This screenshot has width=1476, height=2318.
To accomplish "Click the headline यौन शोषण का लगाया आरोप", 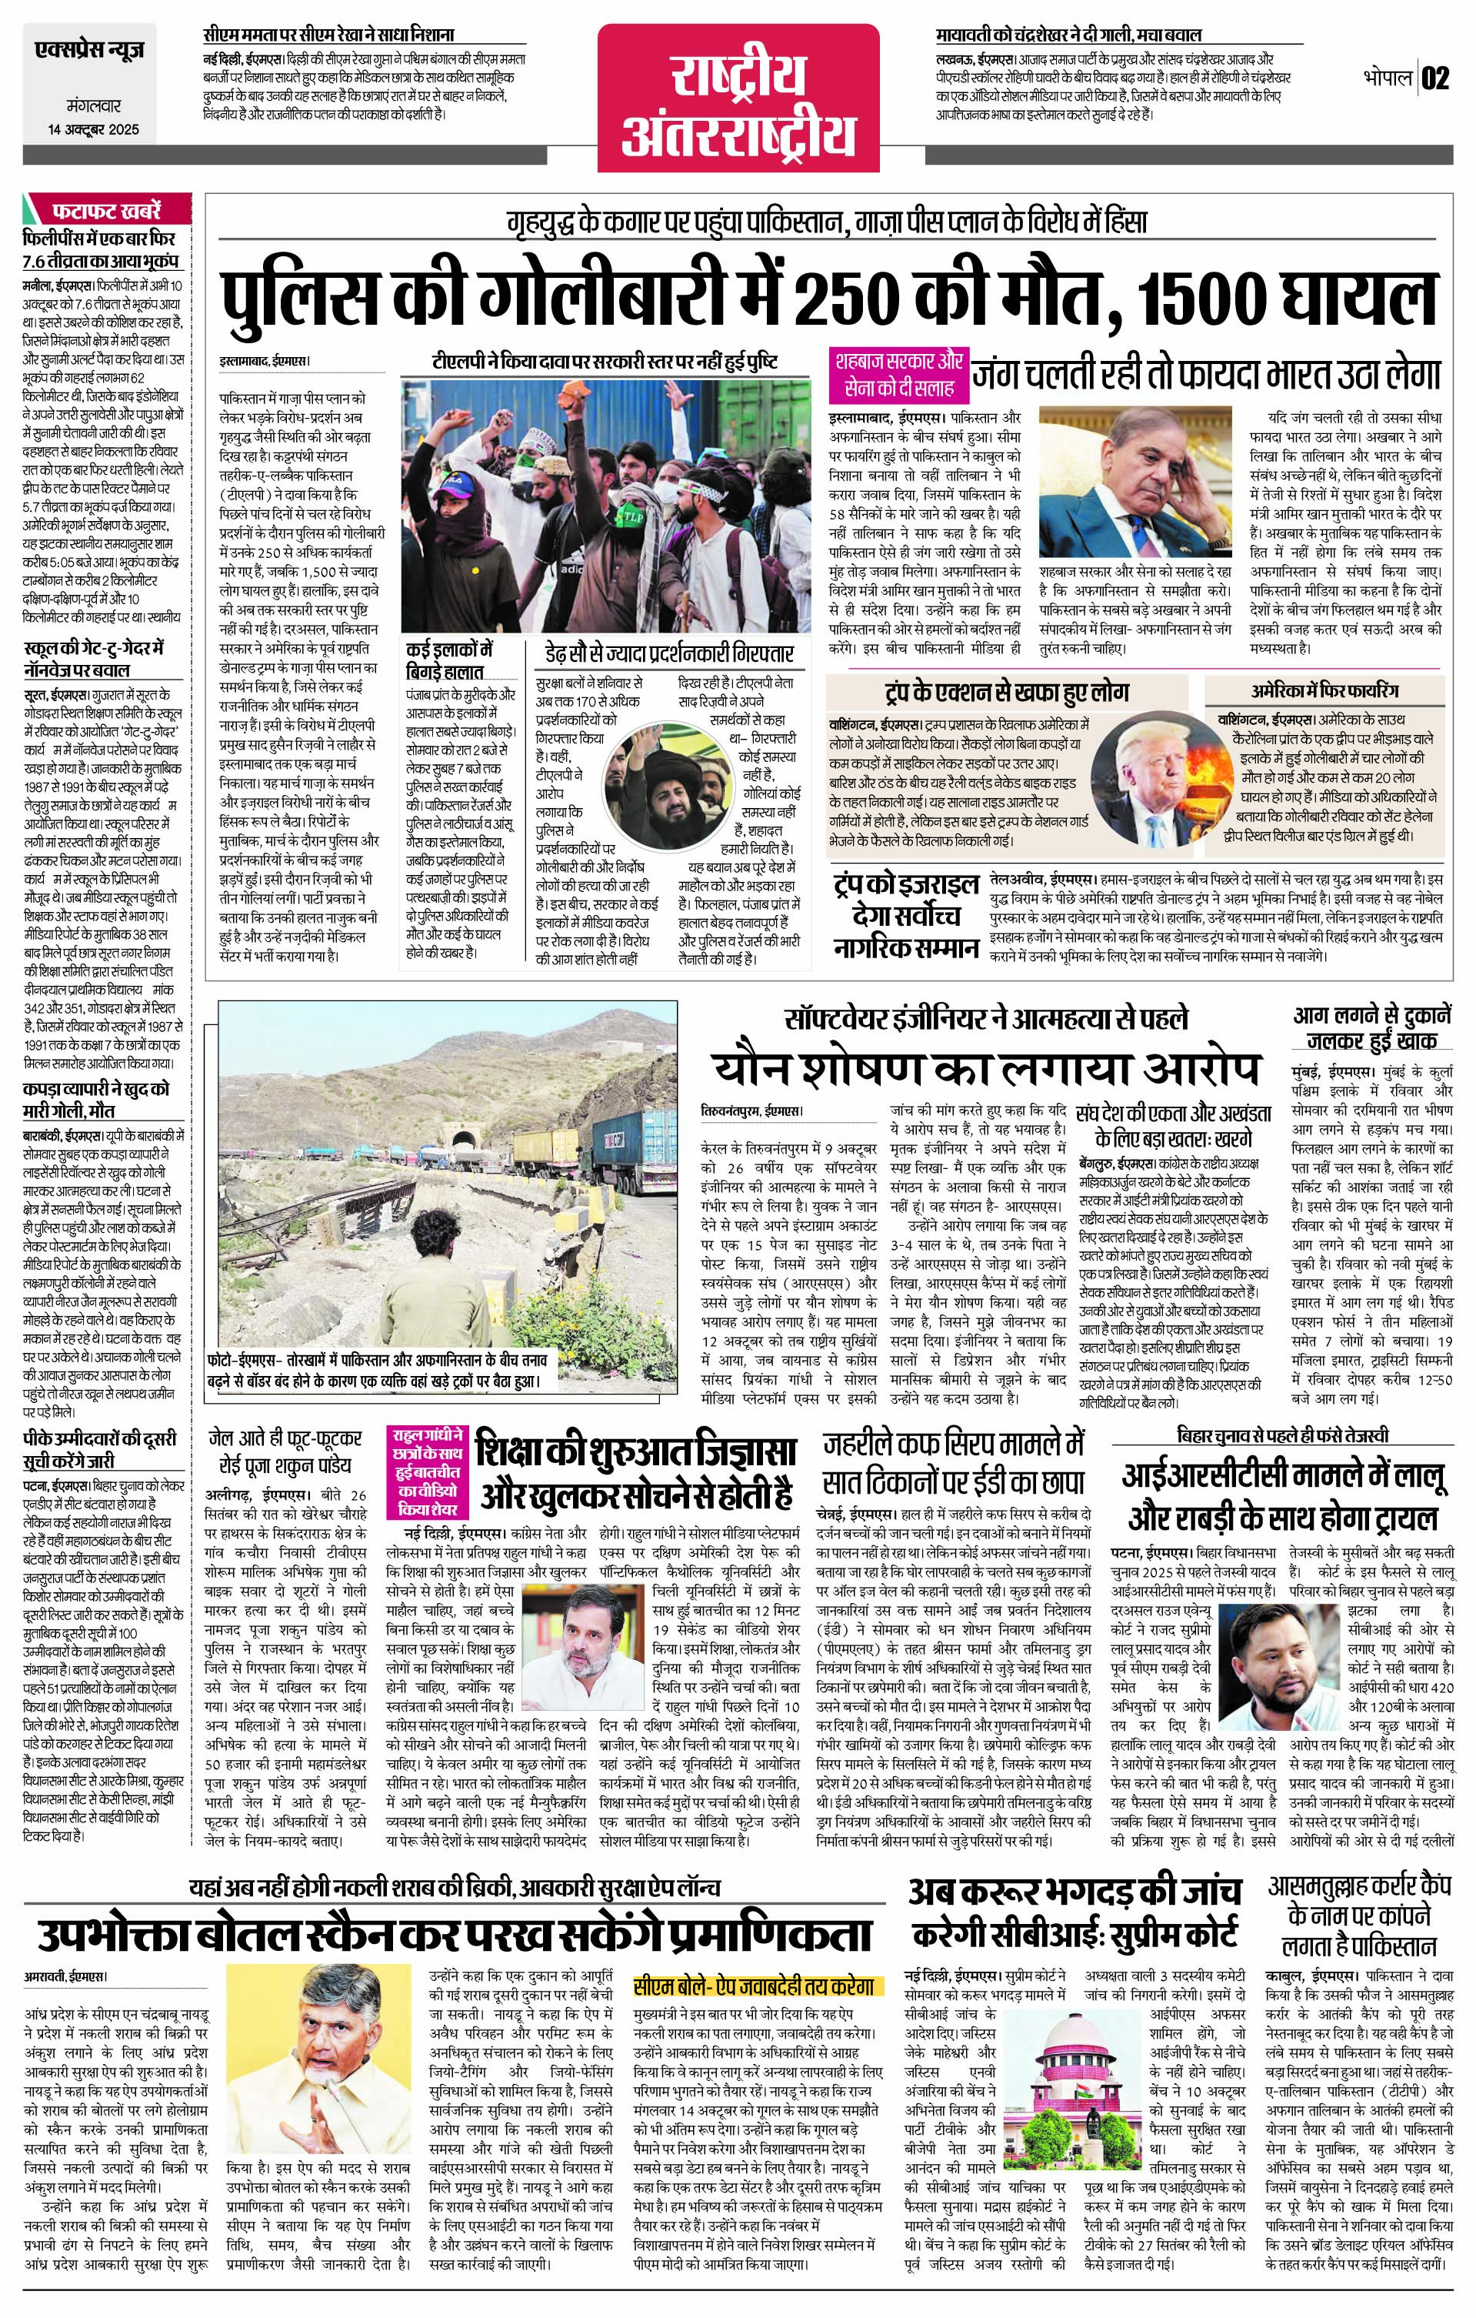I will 986,1070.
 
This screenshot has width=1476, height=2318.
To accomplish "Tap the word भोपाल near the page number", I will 1387,78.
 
